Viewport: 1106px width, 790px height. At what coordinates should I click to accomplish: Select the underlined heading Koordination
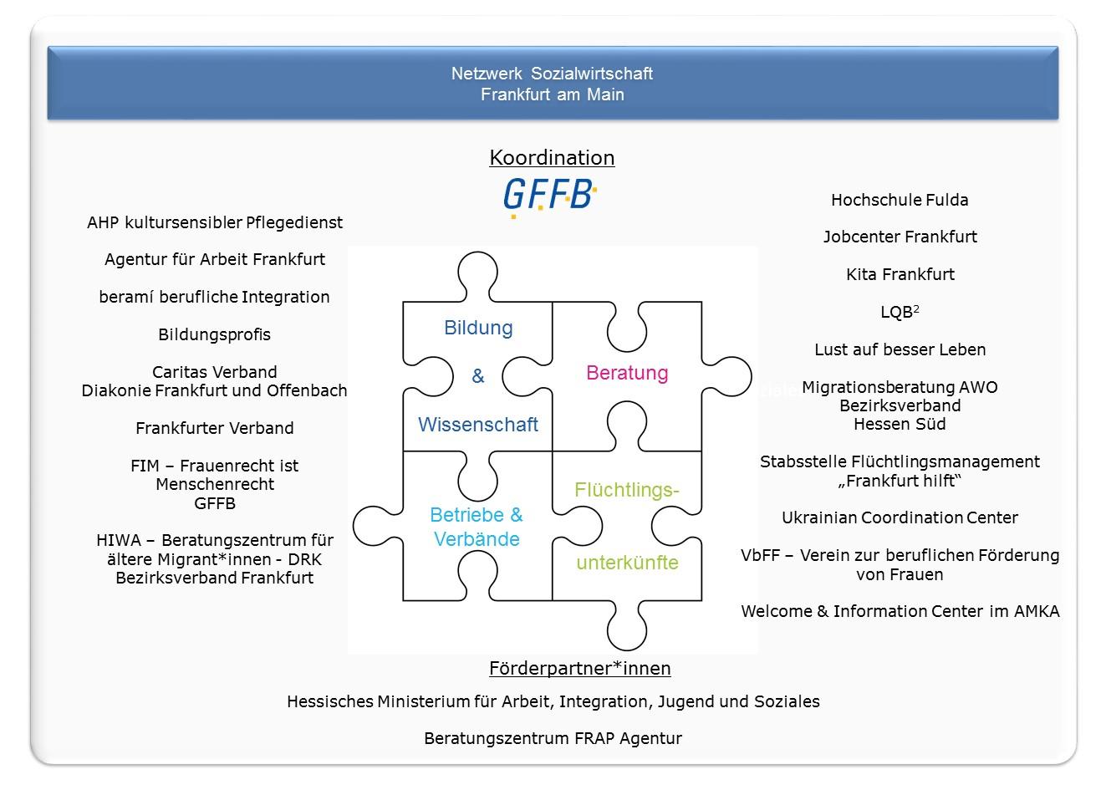pyautogui.click(x=552, y=158)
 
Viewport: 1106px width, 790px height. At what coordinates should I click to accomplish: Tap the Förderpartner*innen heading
pyautogui.click(x=579, y=668)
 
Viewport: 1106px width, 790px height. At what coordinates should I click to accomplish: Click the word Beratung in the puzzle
pyautogui.click(x=627, y=373)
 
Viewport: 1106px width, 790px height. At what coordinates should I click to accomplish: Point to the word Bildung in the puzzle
pyautogui.click(x=478, y=328)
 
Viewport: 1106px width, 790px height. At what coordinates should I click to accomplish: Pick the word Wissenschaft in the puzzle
pyautogui.click(x=478, y=425)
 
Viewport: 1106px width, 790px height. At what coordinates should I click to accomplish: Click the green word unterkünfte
pyautogui.click(x=628, y=563)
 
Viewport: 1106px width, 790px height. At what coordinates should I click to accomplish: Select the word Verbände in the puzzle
pyautogui.click(x=477, y=539)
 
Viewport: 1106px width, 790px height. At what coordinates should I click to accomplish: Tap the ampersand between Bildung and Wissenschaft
pyautogui.click(x=478, y=376)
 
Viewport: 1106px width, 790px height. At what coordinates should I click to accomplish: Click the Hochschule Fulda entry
pyautogui.click(x=900, y=200)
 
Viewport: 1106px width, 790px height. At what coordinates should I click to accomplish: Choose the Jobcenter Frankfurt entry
pyautogui.click(x=900, y=237)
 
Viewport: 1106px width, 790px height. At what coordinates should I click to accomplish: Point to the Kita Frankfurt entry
pyautogui.click(x=900, y=274)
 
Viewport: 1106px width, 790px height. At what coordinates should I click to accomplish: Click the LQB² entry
pyautogui.click(x=900, y=312)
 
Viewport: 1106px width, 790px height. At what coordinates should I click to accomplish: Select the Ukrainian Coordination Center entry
pyautogui.click(x=900, y=517)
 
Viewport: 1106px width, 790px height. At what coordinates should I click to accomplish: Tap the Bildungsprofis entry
pyautogui.click(x=214, y=334)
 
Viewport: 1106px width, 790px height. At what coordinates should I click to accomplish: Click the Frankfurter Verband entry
pyautogui.click(x=214, y=428)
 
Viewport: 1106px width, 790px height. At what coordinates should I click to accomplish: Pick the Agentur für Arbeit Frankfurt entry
pyautogui.click(x=215, y=260)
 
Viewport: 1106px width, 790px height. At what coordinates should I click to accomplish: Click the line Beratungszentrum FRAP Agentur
pyautogui.click(x=553, y=739)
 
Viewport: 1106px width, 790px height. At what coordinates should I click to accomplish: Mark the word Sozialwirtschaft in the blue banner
pyautogui.click(x=592, y=74)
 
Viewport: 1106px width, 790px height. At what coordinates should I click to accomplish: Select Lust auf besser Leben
pyautogui.click(x=900, y=349)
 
